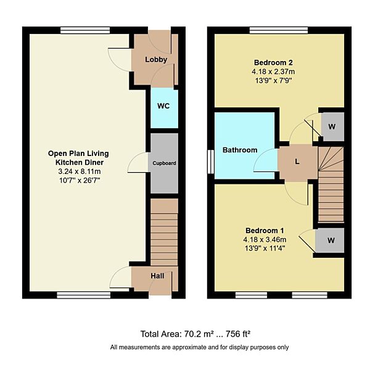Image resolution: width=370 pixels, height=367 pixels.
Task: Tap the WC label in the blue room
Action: (163, 106)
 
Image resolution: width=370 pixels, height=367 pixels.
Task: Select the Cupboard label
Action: (165, 163)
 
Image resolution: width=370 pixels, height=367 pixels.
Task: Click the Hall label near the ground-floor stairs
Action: (157, 276)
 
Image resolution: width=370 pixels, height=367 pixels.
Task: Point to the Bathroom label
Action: (240, 150)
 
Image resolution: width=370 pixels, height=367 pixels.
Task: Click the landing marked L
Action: (297, 162)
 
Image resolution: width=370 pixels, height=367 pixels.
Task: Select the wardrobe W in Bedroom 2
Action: (332, 126)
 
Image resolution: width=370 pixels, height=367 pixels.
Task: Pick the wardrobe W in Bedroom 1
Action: (332, 241)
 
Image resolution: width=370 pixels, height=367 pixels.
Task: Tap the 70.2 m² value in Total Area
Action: (199, 334)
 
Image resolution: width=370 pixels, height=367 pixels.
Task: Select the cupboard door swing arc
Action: (138, 162)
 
